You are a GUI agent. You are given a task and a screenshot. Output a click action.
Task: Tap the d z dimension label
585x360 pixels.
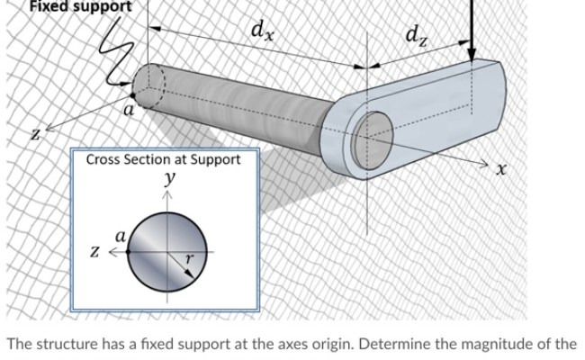pos(416,37)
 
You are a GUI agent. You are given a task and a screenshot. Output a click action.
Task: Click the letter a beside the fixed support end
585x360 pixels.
pos(129,112)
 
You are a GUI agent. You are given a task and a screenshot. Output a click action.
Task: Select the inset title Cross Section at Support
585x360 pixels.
pos(163,159)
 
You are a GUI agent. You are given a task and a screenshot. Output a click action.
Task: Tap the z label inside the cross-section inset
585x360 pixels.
pos(92,249)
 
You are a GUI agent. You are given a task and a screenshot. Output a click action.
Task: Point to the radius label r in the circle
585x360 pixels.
pos(187,256)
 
